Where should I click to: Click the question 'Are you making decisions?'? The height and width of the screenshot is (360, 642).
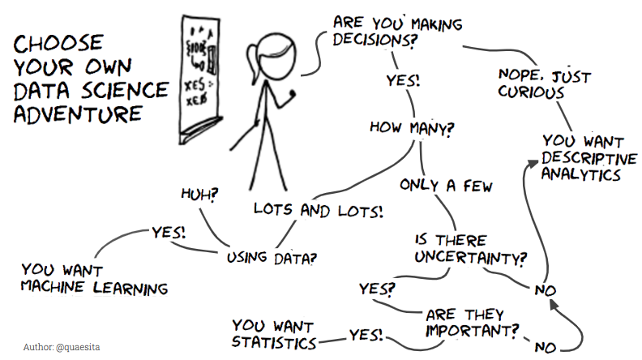(x=396, y=30)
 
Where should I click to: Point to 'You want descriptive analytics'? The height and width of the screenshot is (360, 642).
(x=588, y=156)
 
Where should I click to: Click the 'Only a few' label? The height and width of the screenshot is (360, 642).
(x=447, y=186)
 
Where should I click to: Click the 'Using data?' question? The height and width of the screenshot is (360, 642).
(x=271, y=258)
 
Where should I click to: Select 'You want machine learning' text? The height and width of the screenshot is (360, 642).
(x=95, y=278)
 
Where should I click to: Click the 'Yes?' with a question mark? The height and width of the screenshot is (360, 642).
(x=378, y=288)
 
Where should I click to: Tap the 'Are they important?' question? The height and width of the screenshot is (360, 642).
(x=471, y=322)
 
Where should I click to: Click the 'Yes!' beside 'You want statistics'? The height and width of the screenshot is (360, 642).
(x=366, y=334)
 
